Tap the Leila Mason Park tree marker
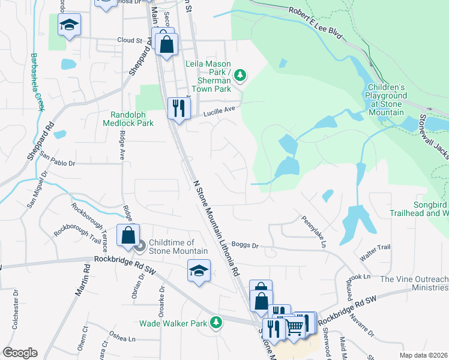(x=240, y=75)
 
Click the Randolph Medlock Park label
(x=132, y=119)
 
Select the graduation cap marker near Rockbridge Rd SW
(x=199, y=270)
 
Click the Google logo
(x=20, y=353)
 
